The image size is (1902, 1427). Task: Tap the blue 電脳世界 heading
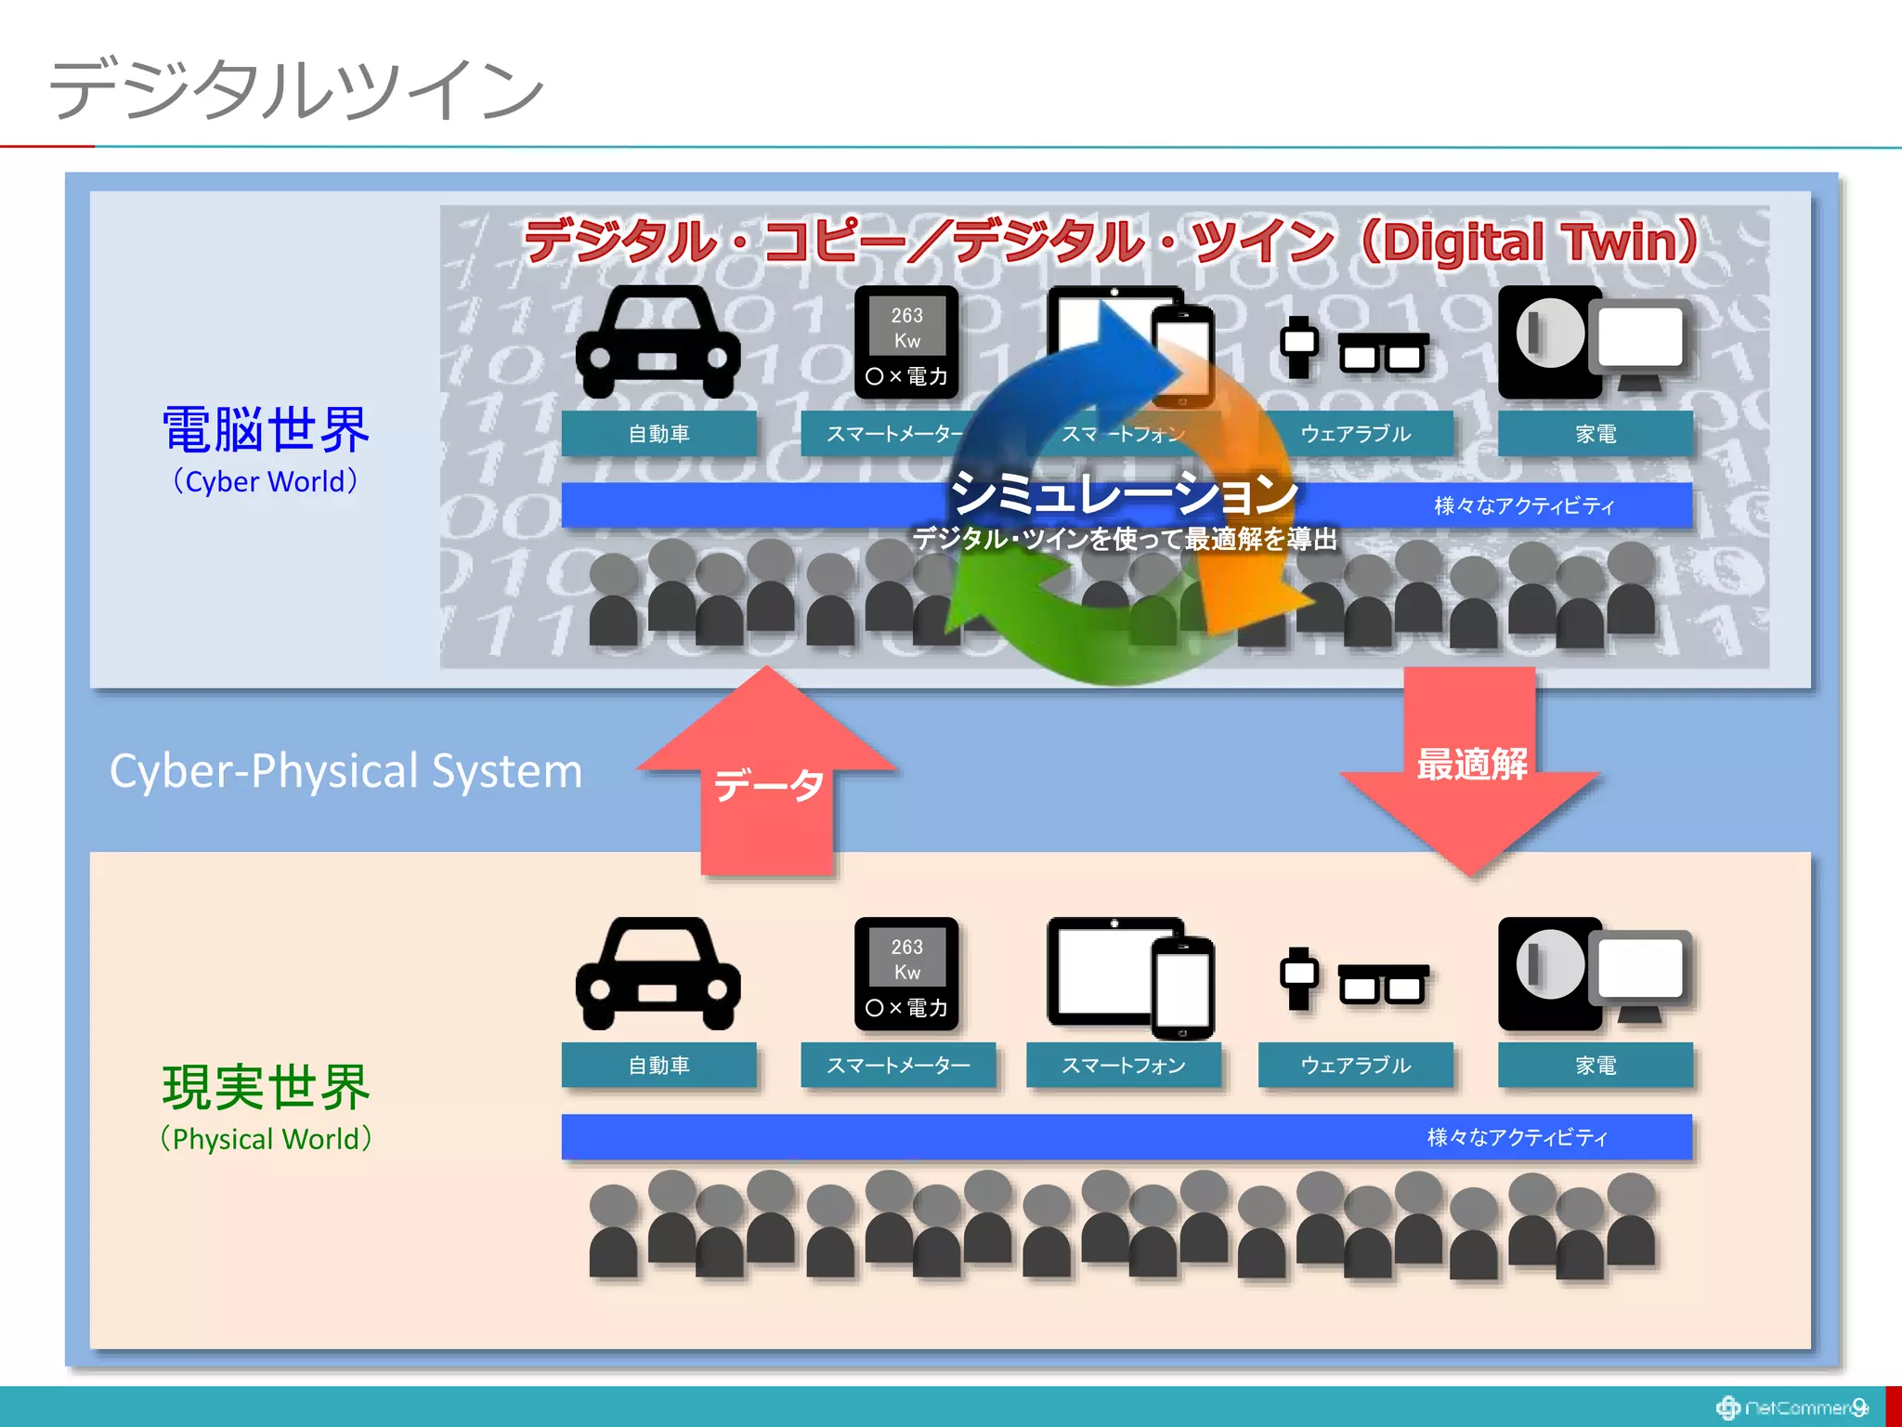tap(266, 430)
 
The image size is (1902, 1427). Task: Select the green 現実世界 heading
tap(266, 1088)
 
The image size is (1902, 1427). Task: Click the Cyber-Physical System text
tap(345, 771)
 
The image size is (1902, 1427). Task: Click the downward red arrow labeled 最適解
tap(1470, 767)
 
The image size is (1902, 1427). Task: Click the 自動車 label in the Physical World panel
tap(658, 1065)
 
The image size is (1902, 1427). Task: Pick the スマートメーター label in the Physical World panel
tap(898, 1065)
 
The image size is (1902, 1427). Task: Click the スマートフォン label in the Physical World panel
tap(1123, 1065)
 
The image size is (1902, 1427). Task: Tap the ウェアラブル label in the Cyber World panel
tap(1355, 434)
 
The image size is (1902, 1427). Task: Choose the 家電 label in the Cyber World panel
tap(1595, 434)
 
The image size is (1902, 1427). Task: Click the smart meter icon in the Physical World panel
tap(906, 974)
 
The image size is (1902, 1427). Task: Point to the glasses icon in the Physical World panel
tap(1383, 984)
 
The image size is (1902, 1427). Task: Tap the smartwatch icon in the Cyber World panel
tap(1298, 346)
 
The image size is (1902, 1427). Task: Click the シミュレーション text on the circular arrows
tap(1124, 492)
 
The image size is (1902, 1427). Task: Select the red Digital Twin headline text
tap(1111, 241)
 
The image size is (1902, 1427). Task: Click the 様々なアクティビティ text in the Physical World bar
tap(1517, 1137)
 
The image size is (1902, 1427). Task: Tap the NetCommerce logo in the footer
tap(1792, 1407)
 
